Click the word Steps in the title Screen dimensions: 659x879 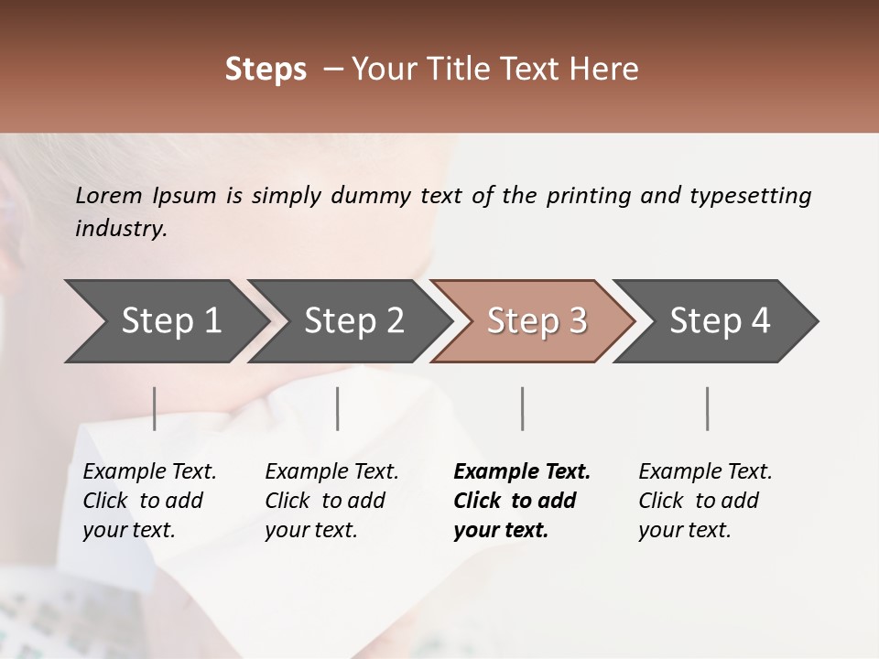pos(266,70)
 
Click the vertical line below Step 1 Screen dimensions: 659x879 pos(155,408)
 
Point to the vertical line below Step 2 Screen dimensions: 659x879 pos(338,408)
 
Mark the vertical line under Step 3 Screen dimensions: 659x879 pos(523,408)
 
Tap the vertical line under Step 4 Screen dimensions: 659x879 pos(708,408)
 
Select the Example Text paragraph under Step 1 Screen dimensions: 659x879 pos(149,501)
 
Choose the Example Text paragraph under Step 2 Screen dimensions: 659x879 pos(331,501)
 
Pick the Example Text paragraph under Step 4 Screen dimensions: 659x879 pos(705,501)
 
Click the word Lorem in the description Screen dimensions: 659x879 pos(109,196)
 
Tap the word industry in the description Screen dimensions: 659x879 pos(121,229)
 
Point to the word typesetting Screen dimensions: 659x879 pos(750,196)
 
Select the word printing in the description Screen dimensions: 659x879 pos(588,196)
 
